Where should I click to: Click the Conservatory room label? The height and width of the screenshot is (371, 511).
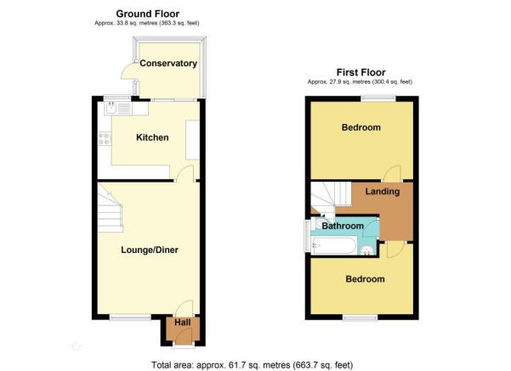[x=168, y=63]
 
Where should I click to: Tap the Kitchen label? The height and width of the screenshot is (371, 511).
[x=152, y=138]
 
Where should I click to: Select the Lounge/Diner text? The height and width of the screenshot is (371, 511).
[x=150, y=250]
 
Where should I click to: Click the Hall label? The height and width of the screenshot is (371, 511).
[x=183, y=323]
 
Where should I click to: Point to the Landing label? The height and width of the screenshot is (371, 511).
[x=383, y=192]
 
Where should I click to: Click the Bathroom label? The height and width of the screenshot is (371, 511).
[x=343, y=226]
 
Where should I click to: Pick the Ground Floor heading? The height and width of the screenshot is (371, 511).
[x=148, y=14]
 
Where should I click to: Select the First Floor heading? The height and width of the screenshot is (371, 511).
[x=361, y=72]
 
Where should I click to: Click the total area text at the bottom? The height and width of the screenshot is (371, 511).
[x=252, y=365]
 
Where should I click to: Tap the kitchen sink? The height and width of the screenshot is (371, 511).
[x=111, y=109]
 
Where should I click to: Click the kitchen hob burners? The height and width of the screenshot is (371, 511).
[x=105, y=138]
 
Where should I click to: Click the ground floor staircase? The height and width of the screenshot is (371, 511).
[x=111, y=209]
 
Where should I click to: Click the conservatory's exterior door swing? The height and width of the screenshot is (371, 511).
[x=130, y=71]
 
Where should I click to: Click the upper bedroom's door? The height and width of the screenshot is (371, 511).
[x=392, y=173]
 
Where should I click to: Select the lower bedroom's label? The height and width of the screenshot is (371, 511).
[x=365, y=279]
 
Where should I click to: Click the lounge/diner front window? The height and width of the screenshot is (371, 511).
[x=130, y=317]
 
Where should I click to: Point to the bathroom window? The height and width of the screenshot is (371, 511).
[x=307, y=236]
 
